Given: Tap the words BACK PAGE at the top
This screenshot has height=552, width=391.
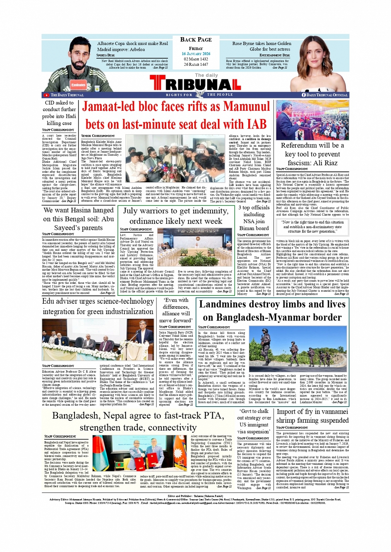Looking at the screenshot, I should [x=196, y=40].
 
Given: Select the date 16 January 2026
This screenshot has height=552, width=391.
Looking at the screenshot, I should [x=196, y=54].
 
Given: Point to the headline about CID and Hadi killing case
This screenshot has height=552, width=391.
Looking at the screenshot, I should [x=59, y=113].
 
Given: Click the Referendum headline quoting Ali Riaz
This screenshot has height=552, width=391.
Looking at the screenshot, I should [x=312, y=154].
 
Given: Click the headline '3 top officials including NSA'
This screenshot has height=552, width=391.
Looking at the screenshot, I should [x=254, y=218].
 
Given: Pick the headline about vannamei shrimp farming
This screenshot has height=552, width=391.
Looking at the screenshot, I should [x=312, y=416].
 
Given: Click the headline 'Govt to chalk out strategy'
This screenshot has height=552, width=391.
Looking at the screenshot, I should [x=254, y=421].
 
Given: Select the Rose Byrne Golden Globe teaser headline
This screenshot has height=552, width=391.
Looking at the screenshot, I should [x=261, y=46].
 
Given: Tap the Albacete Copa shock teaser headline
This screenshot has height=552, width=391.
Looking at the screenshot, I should [x=132, y=46].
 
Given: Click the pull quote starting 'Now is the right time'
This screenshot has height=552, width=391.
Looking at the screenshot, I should [x=312, y=227].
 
